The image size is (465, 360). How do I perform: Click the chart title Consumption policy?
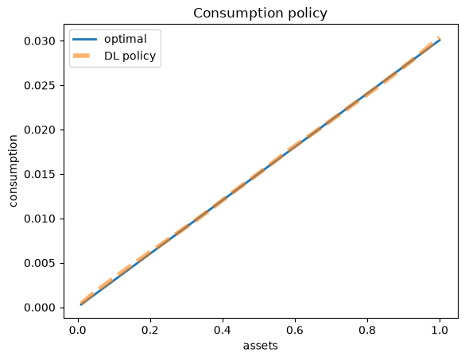pos(260,14)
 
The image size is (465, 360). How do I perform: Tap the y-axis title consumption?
pos(13,171)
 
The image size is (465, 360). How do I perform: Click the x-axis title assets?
pos(261,346)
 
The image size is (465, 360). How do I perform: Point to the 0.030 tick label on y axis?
pos(40,41)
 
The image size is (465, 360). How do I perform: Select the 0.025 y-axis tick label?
pos(40,85)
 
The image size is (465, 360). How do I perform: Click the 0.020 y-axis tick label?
pos(40,130)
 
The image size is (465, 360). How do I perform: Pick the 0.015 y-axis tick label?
pos(40,174)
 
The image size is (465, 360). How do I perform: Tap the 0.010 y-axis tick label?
pos(40,219)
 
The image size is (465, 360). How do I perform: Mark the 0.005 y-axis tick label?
pos(40,263)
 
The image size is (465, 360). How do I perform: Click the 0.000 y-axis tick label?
pos(40,308)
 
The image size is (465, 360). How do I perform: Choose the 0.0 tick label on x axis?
pos(78,330)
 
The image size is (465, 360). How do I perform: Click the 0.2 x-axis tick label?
pos(150,330)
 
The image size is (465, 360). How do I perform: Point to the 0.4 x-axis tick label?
pos(223,330)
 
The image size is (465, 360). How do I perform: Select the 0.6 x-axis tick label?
pos(295,330)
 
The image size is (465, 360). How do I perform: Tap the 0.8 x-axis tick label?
pos(367,330)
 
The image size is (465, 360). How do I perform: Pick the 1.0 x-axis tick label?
pos(440,330)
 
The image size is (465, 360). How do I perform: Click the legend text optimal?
pos(126,40)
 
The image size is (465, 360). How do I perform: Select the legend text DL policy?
pos(130,56)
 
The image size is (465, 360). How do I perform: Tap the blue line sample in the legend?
pos(84,40)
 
